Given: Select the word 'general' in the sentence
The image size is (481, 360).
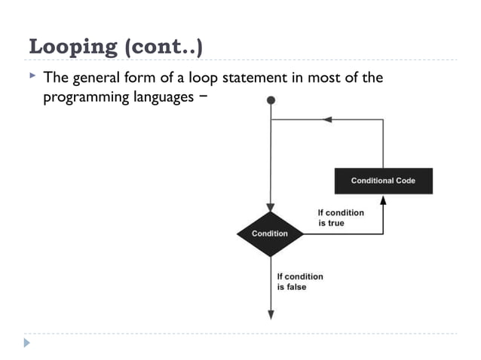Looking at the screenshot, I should point(96,78).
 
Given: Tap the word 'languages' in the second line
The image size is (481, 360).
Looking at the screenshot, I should point(161,98).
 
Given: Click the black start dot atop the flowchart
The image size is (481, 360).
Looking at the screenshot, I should point(271,99).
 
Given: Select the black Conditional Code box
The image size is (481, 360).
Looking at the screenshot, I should point(383,181).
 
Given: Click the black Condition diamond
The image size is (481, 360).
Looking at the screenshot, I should point(270,233).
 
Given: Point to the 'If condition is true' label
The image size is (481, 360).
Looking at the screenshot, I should point(340,218).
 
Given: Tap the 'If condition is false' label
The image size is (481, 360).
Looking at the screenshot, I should point(299,282).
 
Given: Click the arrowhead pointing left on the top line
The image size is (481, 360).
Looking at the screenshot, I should point(326,119).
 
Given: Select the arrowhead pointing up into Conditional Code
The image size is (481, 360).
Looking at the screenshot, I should point(383,200).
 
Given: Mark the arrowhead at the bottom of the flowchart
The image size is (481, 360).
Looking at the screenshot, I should point(270,316).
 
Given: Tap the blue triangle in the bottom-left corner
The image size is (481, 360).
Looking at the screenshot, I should point(28,343).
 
